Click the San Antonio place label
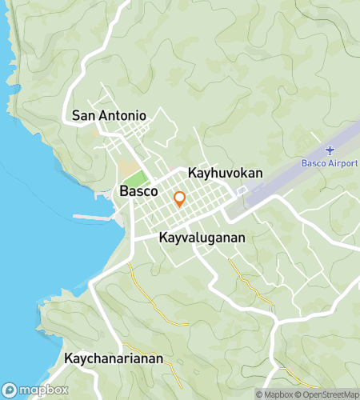tap(109, 115)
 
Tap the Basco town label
tap(138, 192)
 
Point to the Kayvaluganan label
tap(202, 238)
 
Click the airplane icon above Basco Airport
tap(330, 150)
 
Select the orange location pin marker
tap(180, 198)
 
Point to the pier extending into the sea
tap(94, 216)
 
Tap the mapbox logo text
tap(43, 390)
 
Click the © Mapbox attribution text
tap(275, 394)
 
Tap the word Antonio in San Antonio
tap(122, 115)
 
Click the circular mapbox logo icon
tap(10, 390)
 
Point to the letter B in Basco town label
tap(123, 192)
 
